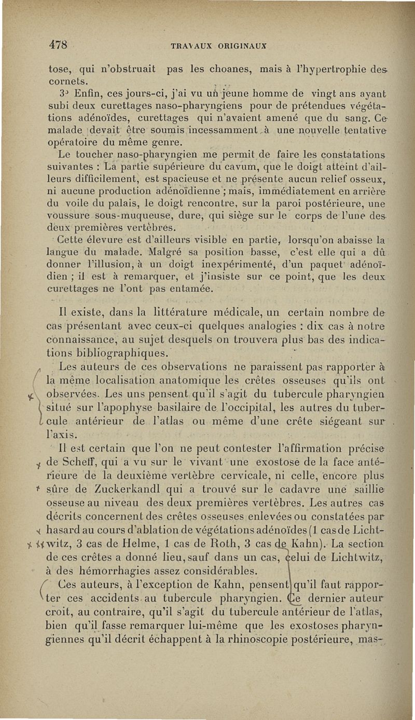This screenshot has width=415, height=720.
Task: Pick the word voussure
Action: [68, 217]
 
